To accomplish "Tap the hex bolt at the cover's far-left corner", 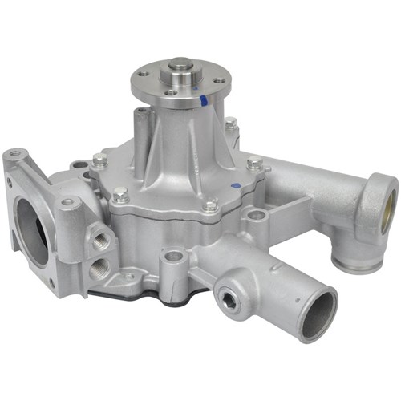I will click(x=99, y=160).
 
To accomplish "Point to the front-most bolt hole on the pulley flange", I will click(x=170, y=93).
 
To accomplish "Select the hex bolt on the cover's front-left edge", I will click(x=120, y=193).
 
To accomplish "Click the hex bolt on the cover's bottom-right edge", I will click(x=210, y=205).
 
